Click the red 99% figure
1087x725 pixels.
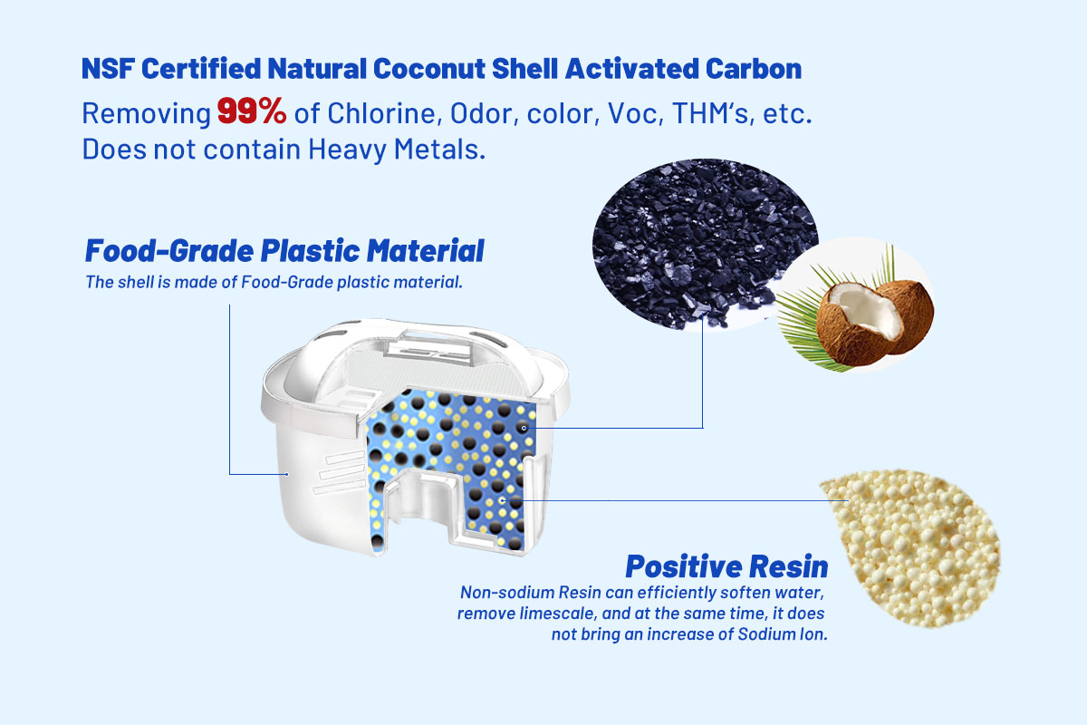252,111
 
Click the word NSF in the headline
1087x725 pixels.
108,69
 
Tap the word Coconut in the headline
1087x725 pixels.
429,69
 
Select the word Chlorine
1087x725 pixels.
384,113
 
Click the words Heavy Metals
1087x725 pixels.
397,149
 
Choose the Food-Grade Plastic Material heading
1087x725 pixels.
284,250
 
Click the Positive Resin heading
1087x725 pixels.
726,566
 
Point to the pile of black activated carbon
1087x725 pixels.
704,243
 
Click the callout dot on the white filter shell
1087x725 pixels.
287,474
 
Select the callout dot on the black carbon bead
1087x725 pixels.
524,429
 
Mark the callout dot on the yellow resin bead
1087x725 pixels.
503,499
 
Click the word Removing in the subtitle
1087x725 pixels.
146,113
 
